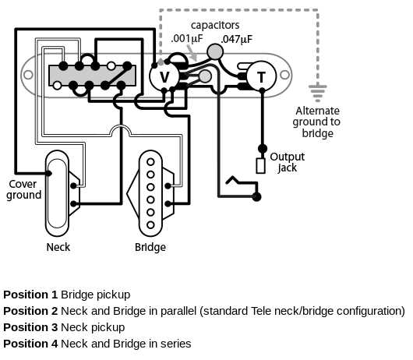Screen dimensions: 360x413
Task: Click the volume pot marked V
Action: [164, 76]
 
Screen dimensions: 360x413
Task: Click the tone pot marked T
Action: [261, 76]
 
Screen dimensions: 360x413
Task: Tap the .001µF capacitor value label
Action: [188, 39]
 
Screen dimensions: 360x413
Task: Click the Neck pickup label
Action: [58, 247]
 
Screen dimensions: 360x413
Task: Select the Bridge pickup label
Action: [150, 247]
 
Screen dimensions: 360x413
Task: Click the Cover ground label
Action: [24, 189]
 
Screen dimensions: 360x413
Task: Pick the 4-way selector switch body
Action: [92, 75]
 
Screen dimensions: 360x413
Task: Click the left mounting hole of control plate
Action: [29, 76]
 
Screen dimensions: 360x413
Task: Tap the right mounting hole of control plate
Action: [289, 76]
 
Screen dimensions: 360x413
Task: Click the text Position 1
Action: [30, 295]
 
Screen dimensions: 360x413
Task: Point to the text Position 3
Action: [30, 327]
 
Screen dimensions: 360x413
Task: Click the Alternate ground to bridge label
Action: [317, 122]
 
